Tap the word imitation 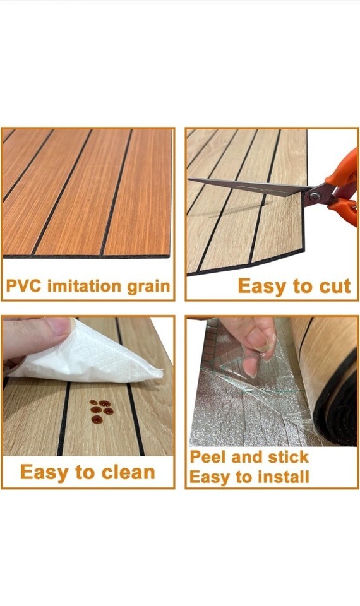[x=85, y=286]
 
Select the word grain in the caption [x=148, y=287]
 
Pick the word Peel [x=208, y=457]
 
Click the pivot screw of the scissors [x=315, y=196]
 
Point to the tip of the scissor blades [x=189, y=179]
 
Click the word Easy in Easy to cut [x=263, y=287]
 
